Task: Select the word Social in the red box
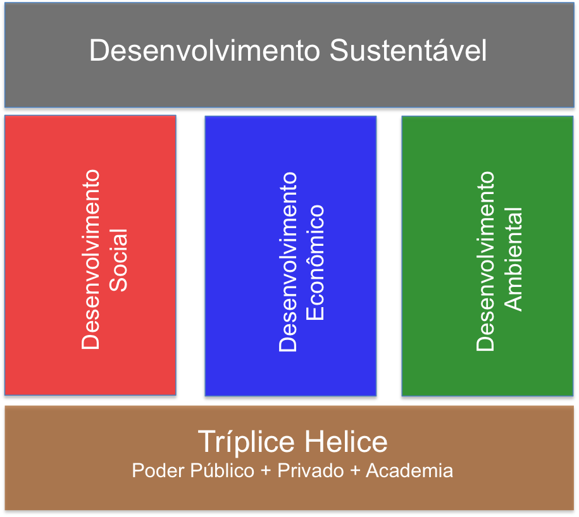tap(118, 260)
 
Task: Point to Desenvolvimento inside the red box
tap(90, 259)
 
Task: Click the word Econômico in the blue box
tap(315, 262)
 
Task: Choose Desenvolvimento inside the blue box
tap(288, 262)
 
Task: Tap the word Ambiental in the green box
tap(513, 259)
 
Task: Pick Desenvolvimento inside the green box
tap(485, 261)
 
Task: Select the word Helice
tap(346, 442)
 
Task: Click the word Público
tap(222, 470)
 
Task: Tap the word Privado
tap(311, 470)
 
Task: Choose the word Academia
tap(409, 470)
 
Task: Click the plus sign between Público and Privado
tap(266, 471)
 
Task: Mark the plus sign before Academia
tap(355, 471)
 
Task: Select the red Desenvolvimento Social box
tap(90, 255)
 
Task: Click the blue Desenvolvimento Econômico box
tap(290, 256)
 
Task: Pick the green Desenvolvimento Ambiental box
tap(487, 256)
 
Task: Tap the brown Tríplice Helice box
tap(290, 458)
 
